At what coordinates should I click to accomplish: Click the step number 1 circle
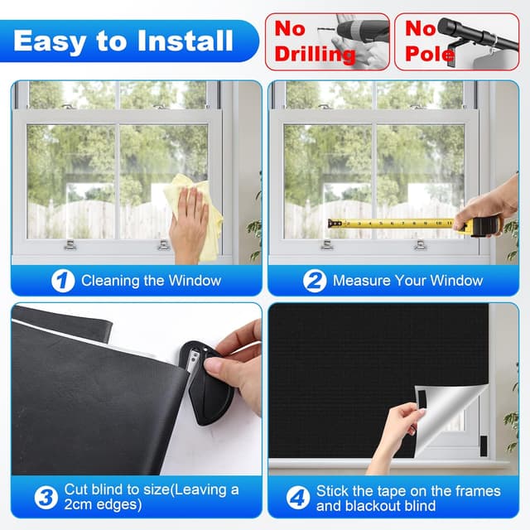point(63,281)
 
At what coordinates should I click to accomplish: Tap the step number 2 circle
point(315,281)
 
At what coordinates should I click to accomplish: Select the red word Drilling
point(315,55)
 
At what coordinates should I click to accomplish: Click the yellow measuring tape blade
point(389,223)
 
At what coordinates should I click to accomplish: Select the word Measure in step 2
point(360,281)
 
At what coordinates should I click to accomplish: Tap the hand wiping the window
point(188,222)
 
